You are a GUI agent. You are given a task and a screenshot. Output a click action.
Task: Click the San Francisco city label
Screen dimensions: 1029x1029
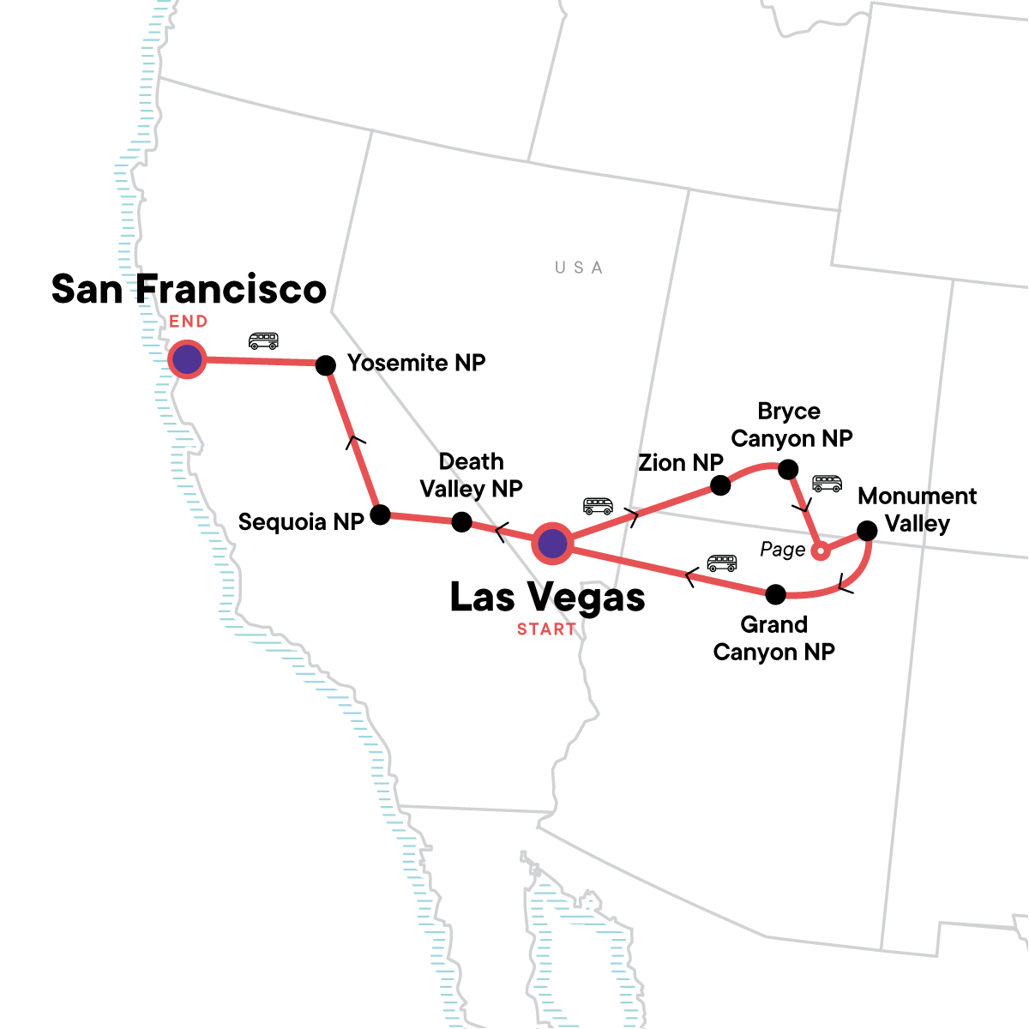[189, 290]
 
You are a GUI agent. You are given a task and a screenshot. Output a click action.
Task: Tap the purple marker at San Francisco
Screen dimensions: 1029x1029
[187, 359]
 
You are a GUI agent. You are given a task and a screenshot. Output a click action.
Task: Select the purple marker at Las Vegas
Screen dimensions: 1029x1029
[553, 543]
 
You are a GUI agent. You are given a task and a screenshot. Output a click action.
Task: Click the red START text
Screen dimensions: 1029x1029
[546, 629]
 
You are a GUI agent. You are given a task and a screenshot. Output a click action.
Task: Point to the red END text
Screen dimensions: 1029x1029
[189, 322]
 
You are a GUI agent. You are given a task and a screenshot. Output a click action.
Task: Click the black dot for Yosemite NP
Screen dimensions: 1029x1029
[326, 365]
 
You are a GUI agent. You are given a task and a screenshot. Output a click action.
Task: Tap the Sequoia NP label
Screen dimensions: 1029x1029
[301, 522]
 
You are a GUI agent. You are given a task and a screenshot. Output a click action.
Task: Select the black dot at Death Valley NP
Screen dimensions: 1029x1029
[461, 521]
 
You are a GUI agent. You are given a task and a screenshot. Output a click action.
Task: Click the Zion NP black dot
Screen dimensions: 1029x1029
[720, 485]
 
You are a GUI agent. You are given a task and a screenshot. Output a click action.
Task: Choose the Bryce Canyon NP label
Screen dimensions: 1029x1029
[791, 425]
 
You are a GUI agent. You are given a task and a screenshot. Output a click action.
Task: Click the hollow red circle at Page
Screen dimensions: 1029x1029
[821, 551]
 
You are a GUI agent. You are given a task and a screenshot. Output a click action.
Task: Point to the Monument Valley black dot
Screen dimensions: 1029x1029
[867, 531]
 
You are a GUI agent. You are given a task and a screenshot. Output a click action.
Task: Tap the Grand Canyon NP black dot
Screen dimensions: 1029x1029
[775, 593]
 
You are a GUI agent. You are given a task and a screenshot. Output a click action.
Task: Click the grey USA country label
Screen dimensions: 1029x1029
[579, 268]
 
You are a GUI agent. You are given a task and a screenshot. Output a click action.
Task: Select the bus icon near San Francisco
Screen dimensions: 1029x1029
[263, 341]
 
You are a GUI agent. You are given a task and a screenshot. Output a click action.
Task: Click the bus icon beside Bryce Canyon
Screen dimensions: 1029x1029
[827, 484]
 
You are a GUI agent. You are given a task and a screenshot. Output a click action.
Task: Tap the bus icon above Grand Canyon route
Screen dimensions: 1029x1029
[722, 563]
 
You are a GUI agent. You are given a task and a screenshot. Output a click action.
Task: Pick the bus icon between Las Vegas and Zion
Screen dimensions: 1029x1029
[598, 505]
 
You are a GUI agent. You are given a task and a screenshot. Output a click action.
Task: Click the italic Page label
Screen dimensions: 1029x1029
[783, 550]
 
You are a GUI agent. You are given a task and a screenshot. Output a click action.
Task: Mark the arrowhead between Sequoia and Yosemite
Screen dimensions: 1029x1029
[356, 441]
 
